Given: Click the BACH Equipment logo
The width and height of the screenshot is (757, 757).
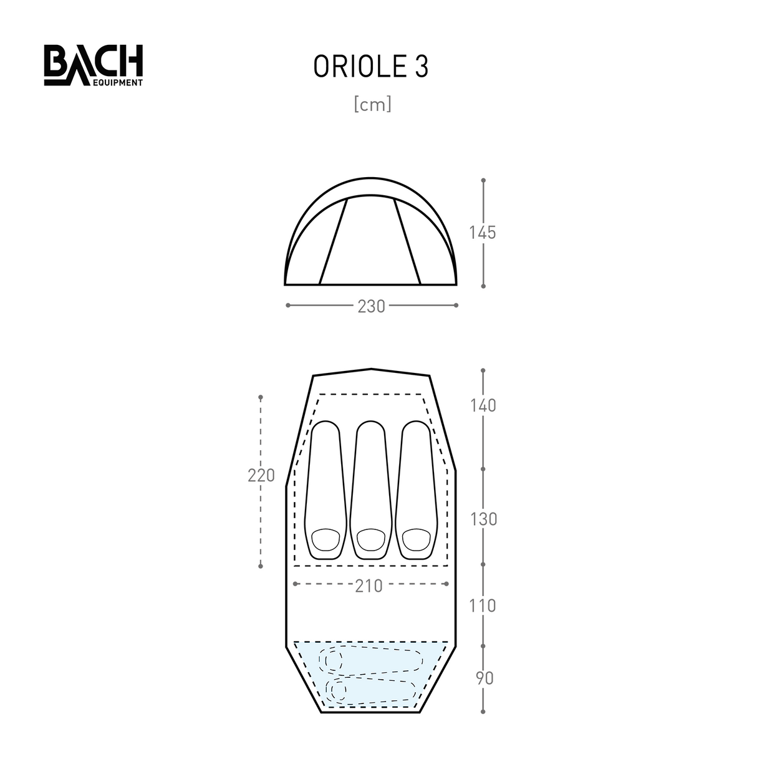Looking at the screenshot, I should point(93,65).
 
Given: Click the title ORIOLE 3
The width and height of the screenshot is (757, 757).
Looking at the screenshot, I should point(370,67).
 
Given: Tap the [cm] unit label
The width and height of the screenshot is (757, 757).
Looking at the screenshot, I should point(372,104).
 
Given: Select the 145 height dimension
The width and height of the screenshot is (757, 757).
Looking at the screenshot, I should point(483,233).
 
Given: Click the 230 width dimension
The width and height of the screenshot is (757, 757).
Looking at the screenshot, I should point(371,306).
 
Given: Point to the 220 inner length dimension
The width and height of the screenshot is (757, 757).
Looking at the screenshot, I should point(261,475).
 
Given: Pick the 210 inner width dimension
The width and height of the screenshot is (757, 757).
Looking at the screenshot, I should point(369,586).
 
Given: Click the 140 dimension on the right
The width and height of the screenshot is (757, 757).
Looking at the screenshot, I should point(483,406).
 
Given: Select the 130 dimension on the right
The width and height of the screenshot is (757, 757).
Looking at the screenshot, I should point(483,519).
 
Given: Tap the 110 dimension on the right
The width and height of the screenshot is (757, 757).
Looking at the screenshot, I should point(483,605).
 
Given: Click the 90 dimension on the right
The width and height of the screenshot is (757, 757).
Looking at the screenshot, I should point(484,678).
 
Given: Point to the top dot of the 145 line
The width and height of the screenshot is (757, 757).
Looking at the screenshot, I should point(483,180).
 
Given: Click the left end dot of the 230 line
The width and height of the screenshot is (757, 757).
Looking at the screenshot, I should point(287,305).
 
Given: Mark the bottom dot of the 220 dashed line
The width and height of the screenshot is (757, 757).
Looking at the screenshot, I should point(261,566).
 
